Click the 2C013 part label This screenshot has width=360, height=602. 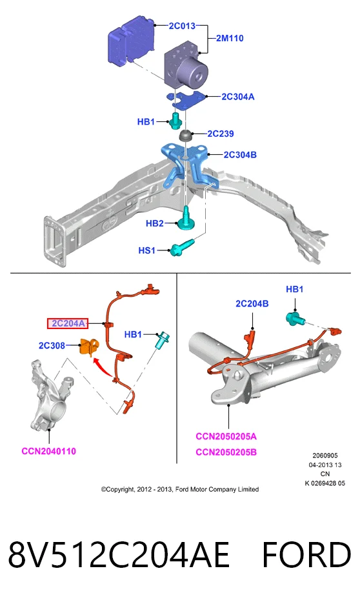click(x=182, y=26)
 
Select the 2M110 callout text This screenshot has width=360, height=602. click(x=230, y=38)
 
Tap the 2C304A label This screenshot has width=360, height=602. click(x=238, y=97)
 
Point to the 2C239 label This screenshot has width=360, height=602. click(x=221, y=134)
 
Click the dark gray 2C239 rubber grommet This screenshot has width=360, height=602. click(x=186, y=135)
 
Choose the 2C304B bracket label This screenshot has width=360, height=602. click(x=240, y=155)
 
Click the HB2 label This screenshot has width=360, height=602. click(x=155, y=223)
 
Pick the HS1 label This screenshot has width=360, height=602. click(x=147, y=250)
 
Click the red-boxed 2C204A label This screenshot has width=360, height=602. click(x=68, y=324)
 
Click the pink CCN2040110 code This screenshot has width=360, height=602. click(x=49, y=451)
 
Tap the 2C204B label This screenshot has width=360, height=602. click(x=252, y=304)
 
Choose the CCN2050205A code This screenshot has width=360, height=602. click(x=226, y=437)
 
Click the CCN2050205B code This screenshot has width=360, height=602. click(x=226, y=452)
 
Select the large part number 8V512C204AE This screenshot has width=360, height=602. click(x=119, y=555)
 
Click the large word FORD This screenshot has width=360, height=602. click(x=306, y=555)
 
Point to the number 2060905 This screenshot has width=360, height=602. click(x=325, y=456)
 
